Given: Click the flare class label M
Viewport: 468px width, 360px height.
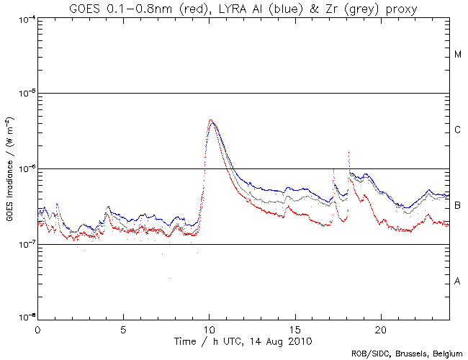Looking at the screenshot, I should (x=458, y=55).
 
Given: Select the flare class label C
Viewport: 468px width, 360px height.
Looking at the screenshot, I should (x=458, y=130).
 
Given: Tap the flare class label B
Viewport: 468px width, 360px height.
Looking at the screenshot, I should (x=458, y=206).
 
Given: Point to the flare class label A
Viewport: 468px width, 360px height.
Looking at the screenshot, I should (x=458, y=281).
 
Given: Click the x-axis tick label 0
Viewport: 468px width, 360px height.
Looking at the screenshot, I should (x=37, y=328).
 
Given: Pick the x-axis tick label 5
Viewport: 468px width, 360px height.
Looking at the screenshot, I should (x=123, y=328).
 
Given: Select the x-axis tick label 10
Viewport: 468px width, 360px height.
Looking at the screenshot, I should (x=209, y=328).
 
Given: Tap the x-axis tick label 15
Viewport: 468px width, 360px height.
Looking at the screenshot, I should (x=294, y=328).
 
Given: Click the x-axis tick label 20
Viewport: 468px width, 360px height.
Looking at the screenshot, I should (x=380, y=328).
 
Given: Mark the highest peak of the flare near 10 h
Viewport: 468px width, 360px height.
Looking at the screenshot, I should (x=210, y=120).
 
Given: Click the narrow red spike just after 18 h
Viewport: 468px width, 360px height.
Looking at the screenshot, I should (x=348, y=153).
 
